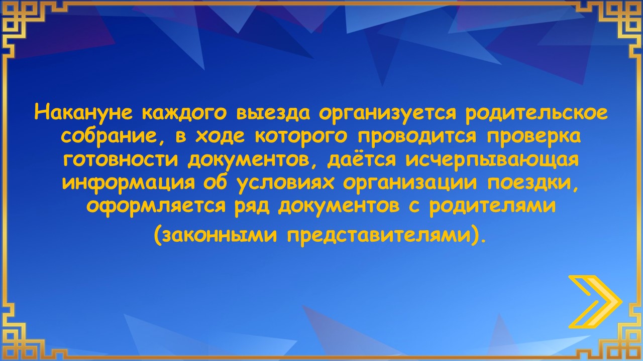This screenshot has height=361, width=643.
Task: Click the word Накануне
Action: click(83, 112)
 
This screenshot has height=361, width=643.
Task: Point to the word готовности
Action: click(121, 159)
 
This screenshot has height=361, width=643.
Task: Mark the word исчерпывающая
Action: click(492, 160)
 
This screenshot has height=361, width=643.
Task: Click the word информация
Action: click(129, 183)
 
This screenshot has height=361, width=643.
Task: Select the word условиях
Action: click(286, 184)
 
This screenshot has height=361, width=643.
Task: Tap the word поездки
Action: click(533, 184)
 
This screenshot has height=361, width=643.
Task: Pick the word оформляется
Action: click(156, 206)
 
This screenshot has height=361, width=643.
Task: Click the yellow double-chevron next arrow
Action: click(595, 302)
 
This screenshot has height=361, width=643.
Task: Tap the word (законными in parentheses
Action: click(216, 236)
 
